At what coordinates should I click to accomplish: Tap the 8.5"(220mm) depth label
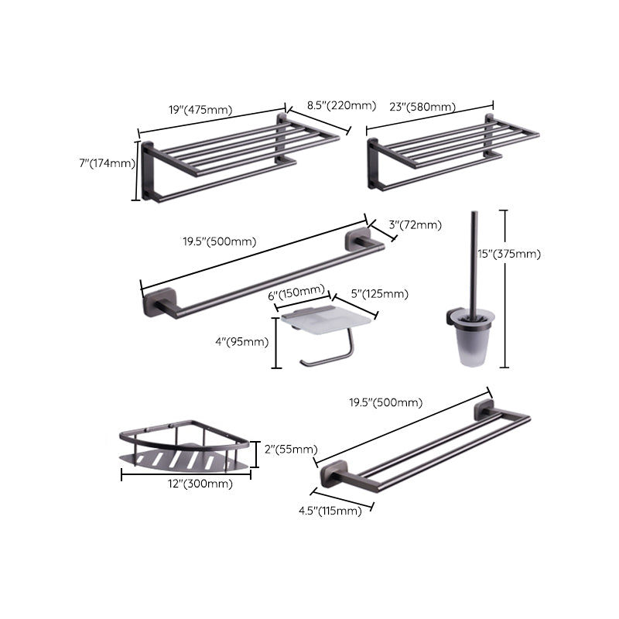(341, 106)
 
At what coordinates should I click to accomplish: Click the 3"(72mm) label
(415, 225)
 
